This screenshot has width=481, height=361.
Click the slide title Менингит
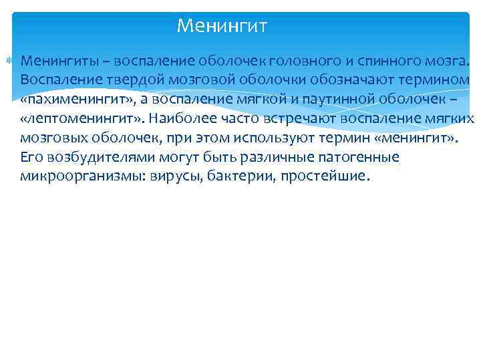coord(222,27)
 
